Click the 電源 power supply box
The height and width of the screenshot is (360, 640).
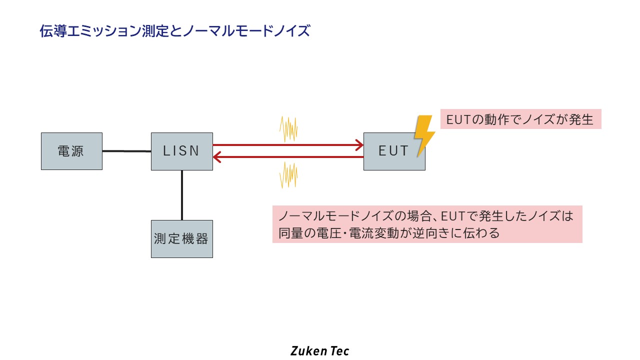click(71, 151)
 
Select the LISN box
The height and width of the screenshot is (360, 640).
click(181, 151)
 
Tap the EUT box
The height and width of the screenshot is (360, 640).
click(394, 151)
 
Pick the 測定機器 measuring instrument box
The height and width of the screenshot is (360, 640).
click(181, 239)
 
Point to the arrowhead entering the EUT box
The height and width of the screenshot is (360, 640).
click(359, 145)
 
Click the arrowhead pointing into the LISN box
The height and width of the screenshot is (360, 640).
click(217, 157)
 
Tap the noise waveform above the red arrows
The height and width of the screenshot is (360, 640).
click(288, 129)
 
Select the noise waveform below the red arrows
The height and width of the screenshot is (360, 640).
click(288, 175)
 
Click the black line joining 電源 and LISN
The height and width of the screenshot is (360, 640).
click(126, 151)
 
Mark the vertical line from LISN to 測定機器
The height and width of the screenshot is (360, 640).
click(182, 195)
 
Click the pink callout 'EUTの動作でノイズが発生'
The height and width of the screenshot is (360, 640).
click(520, 120)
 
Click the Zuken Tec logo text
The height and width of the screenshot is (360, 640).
click(319, 350)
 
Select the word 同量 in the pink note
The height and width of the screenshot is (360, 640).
click(290, 233)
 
